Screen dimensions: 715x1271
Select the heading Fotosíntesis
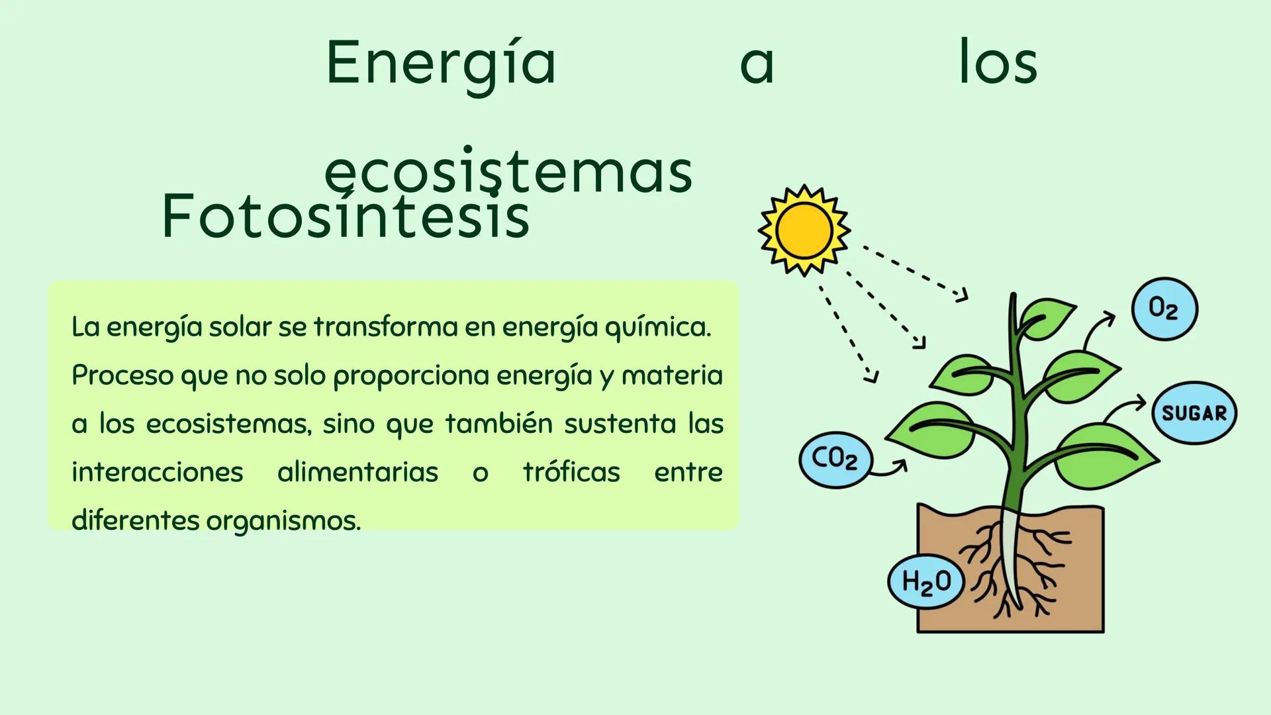[345, 216]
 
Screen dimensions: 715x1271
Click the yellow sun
[804, 230]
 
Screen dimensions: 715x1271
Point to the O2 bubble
[1164, 309]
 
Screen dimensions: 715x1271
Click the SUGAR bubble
[1194, 413]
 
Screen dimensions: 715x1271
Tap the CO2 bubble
[835, 458]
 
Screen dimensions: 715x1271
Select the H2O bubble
[925, 581]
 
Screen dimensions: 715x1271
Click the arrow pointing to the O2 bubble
[1098, 328]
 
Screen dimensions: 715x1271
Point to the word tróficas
[571, 473]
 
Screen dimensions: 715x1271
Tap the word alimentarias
[357, 473]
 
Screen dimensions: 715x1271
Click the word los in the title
[998, 63]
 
